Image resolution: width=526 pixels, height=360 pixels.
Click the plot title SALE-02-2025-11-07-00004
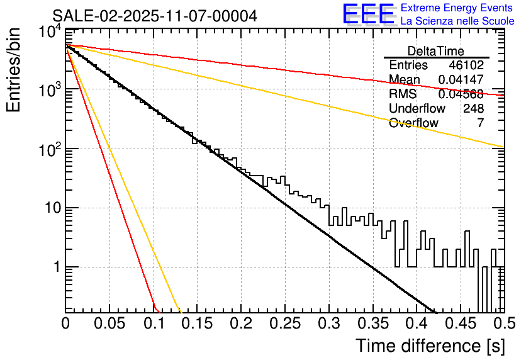pos(155,16)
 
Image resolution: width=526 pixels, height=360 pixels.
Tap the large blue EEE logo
pos(368,14)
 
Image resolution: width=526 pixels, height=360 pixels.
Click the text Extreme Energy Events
pos(457,8)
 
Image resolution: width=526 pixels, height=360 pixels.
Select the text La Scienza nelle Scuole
pos(457,21)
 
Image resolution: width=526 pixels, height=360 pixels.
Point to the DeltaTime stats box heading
pos(436,51)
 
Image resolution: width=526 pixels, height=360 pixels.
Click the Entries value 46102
pos(466,65)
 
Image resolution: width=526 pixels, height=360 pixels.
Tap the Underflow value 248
pos(473,109)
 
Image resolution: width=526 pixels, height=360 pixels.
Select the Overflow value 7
pos(480,123)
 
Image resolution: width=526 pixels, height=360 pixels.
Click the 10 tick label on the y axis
pos(50,208)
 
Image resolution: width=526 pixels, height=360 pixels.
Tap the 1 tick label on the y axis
pos(55,267)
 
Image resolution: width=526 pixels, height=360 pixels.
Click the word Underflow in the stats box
pos(417,109)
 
